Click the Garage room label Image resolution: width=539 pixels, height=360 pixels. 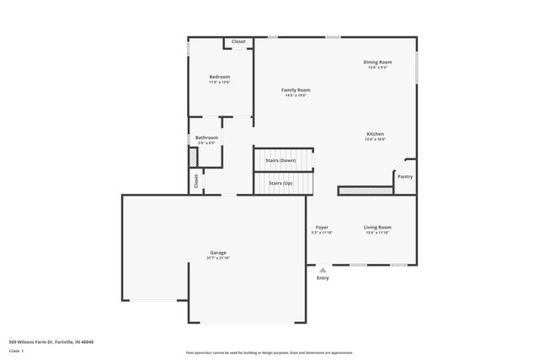tap(218, 253)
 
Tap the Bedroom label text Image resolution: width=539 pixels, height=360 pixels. tap(219, 77)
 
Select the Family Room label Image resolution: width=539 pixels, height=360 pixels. tap(296, 89)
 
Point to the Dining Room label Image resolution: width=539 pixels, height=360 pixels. tap(376, 62)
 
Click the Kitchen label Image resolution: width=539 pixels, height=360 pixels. tap(375, 134)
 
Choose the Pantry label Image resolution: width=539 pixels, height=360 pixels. tap(405, 176)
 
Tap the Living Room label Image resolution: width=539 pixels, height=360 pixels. tap(377, 227)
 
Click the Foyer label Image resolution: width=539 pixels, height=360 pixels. tap(322, 227)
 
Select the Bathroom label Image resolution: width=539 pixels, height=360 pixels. tap(206, 137)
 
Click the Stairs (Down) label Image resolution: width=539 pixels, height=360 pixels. tap(281, 159)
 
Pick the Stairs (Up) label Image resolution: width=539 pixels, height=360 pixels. tap(281, 182)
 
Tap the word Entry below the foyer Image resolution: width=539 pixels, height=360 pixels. tap(323, 277)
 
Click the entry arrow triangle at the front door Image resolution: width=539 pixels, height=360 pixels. tap(323, 269)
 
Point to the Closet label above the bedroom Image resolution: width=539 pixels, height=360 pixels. tap(238, 41)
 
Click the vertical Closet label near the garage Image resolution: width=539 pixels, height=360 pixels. tap(196, 180)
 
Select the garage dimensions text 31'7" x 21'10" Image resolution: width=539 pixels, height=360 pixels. tap(218, 258)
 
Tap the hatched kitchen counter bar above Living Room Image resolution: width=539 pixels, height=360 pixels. tap(364, 191)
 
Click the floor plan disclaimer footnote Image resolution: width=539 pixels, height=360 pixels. tap(269, 352)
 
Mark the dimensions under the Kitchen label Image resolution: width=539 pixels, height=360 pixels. tap(375, 139)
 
